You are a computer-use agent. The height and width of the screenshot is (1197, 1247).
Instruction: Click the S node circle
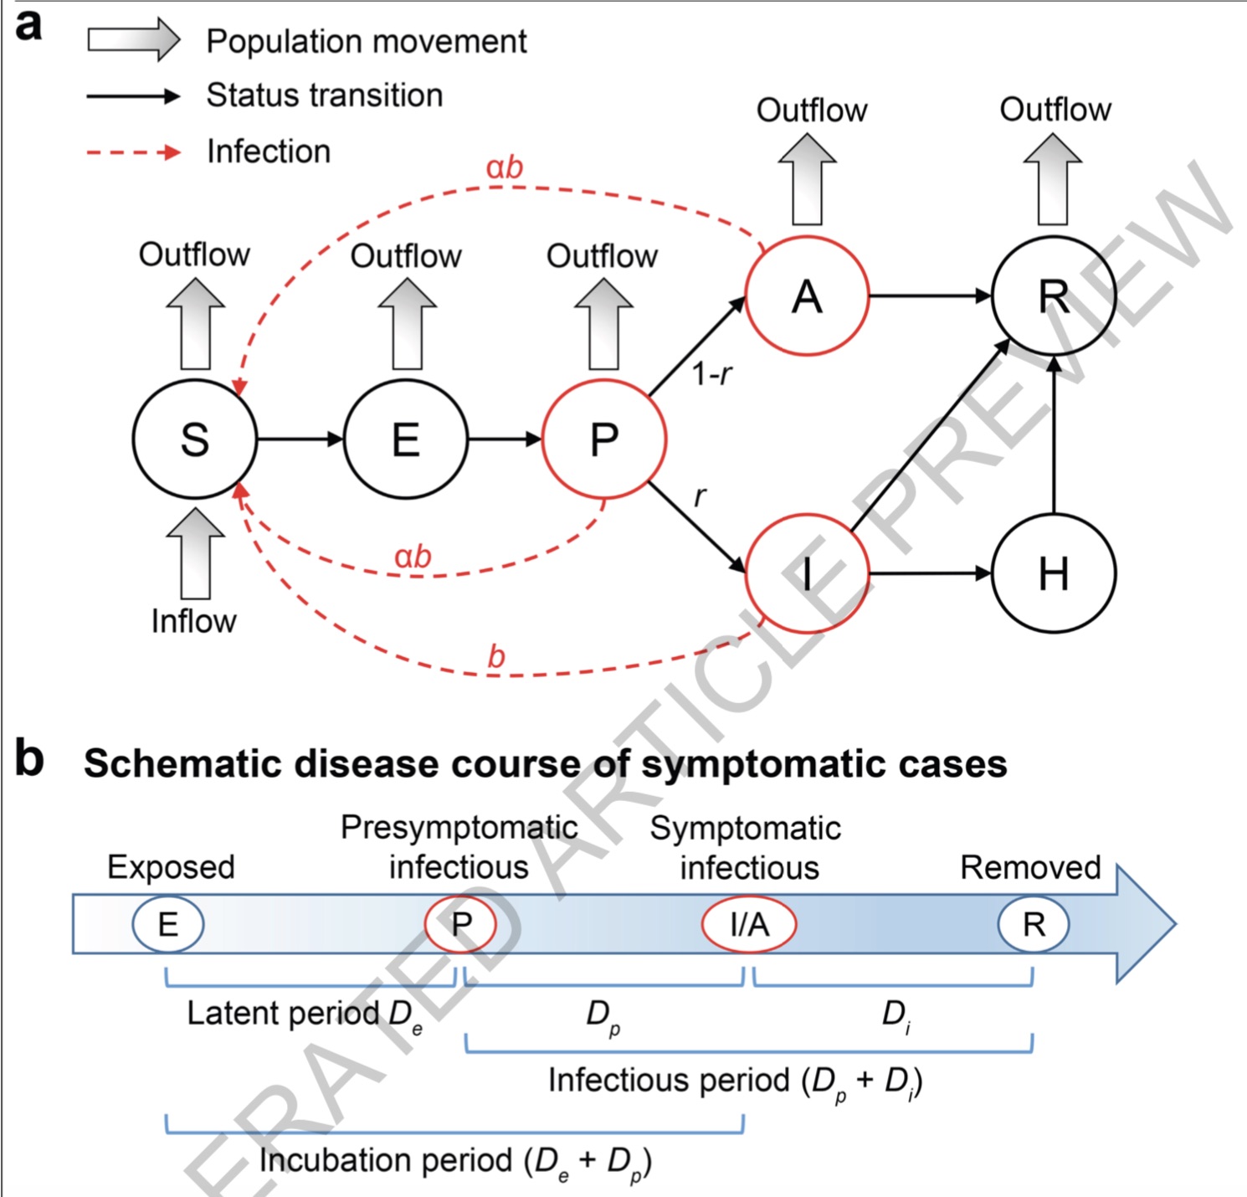pyautogui.click(x=194, y=439)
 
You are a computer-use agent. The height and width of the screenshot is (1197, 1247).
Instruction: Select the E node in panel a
pyautogui.click(x=406, y=439)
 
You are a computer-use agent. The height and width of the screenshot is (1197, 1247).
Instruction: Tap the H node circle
pyautogui.click(x=1053, y=574)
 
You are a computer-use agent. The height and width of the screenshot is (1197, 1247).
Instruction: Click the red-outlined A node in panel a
pyautogui.click(x=807, y=296)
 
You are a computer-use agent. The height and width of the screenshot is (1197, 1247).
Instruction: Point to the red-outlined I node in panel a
pyautogui.click(x=807, y=574)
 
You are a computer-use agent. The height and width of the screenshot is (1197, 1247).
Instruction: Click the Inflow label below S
pyautogui.click(x=193, y=621)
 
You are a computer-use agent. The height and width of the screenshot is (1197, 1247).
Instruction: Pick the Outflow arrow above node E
pyautogui.click(x=408, y=325)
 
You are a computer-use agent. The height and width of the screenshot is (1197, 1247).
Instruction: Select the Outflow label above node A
pyautogui.click(x=812, y=110)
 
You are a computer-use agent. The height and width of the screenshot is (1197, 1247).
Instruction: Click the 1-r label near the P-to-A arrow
pyautogui.click(x=712, y=374)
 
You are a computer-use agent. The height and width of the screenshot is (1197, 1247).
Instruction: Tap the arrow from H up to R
pyautogui.click(x=1054, y=435)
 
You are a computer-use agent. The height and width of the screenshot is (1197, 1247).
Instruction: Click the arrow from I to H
pyautogui.click(x=929, y=574)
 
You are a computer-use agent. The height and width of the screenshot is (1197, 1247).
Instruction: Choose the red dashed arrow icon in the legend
pyautogui.click(x=134, y=152)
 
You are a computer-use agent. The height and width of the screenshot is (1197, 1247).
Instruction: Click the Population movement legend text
pyautogui.click(x=367, y=41)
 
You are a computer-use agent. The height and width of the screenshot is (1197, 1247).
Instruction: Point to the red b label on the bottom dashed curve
pyautogui.click(x=496, y=657)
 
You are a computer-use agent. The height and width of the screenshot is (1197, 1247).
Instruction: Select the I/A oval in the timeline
pyautogui.click(x=748, y=924)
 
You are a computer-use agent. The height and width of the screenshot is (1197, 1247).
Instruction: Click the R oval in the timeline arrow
pyautogui.click(x=1034, y=924)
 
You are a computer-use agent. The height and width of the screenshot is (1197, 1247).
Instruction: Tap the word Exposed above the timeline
pyautogui.click(x=171, y=867)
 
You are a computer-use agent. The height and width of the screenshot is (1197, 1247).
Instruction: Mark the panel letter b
pyautogui.click(x=29, y=758)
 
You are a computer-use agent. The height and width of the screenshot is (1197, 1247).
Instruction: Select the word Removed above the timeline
pyautogui.click(x=1030, y=867)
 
